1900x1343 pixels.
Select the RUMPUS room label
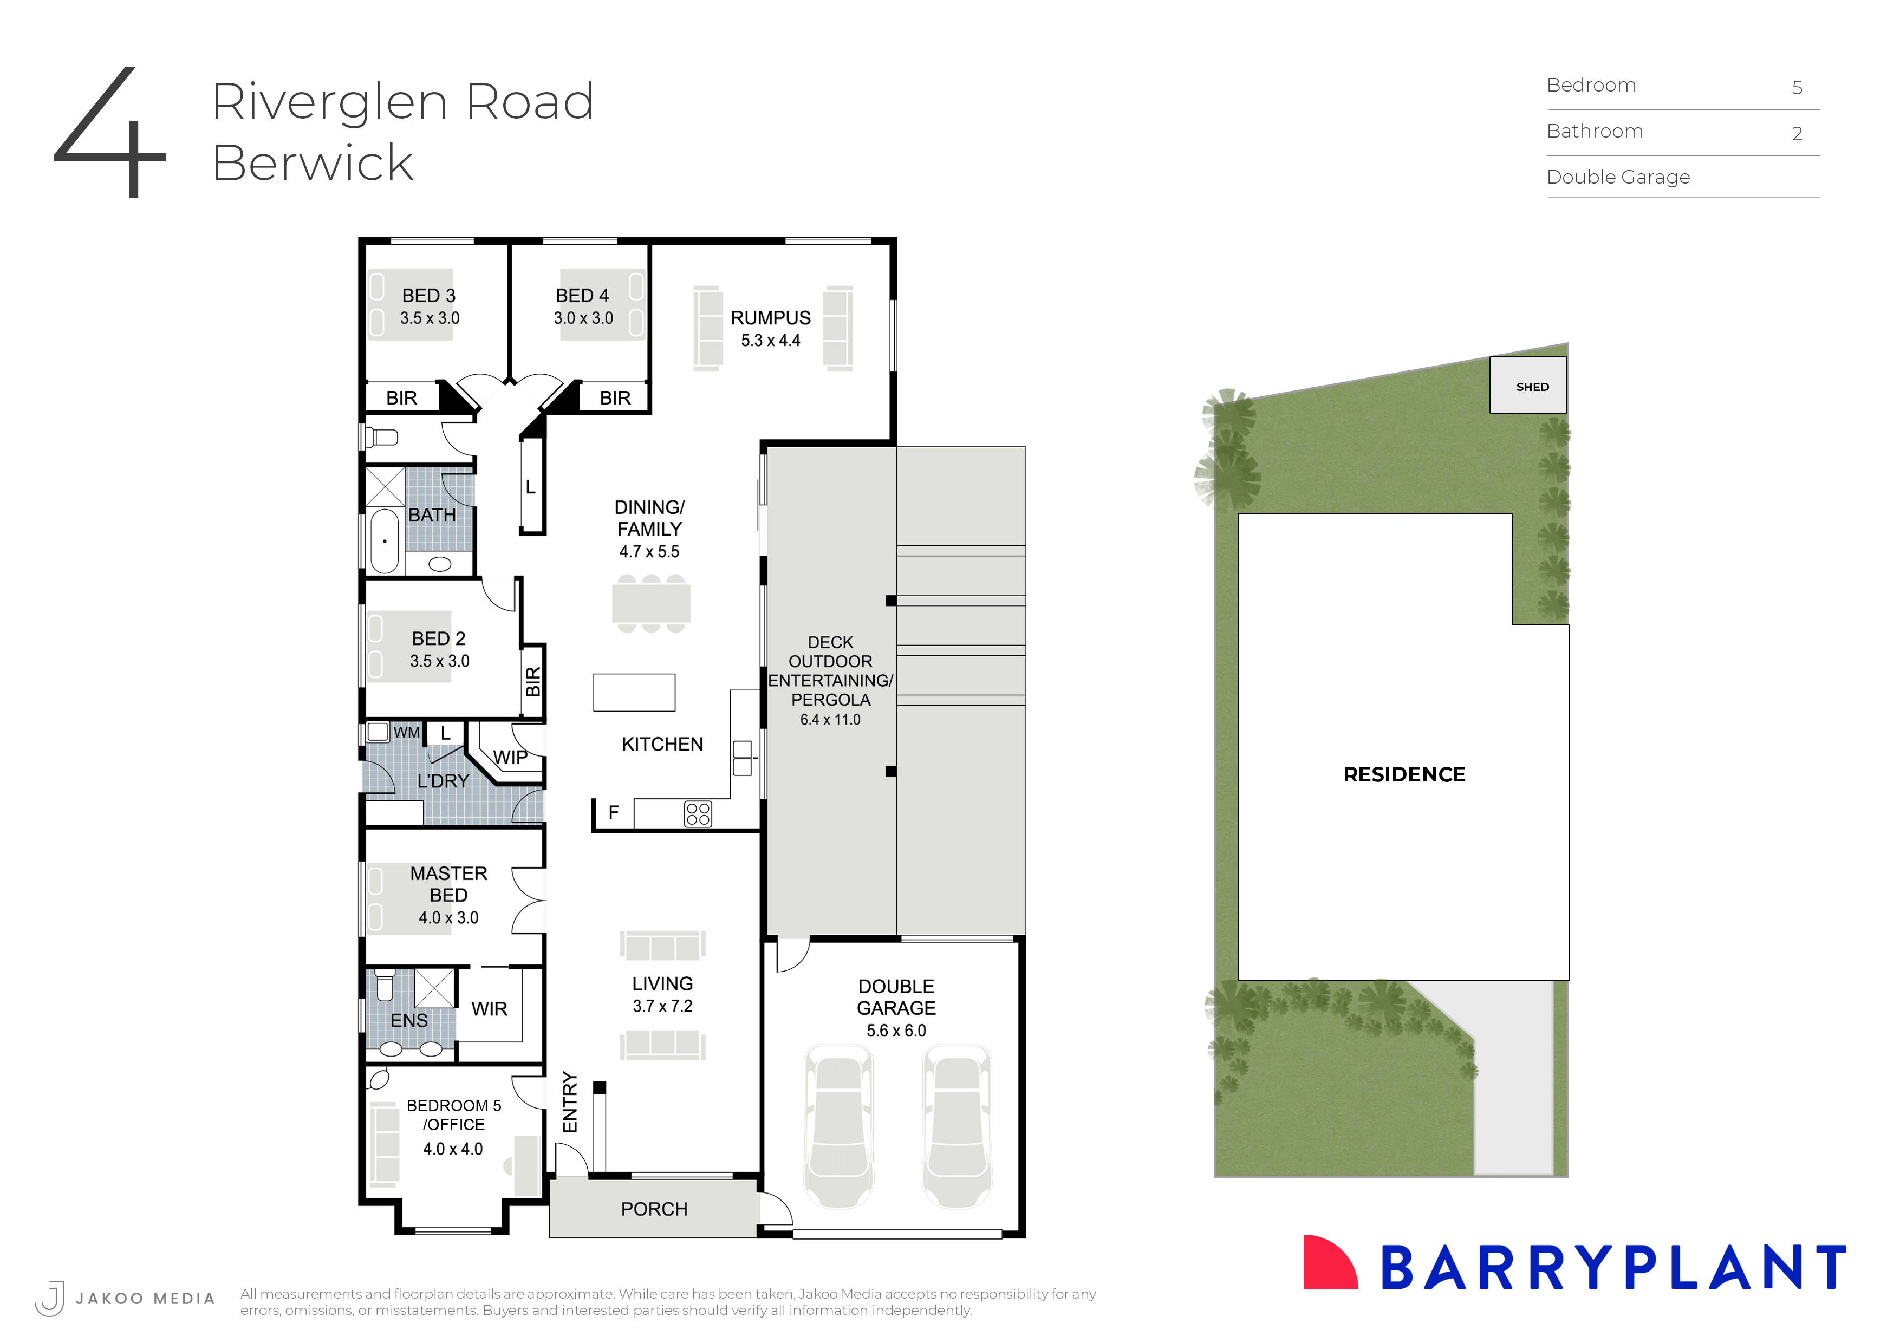[770, 318]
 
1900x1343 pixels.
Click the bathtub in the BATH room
[384, 541]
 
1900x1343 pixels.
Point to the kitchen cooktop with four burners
[698, 814]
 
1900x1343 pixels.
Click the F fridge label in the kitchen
[613, 813]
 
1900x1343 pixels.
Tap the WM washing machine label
[406, 732]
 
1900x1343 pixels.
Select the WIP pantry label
[510, 757]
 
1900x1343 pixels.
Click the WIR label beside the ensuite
[489, 1009]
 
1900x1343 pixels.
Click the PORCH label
[654, 1209]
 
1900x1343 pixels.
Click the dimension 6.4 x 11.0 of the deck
[830, 720]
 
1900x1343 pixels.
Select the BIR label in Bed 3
[401, 398]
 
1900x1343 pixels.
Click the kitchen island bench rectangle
[634, 693]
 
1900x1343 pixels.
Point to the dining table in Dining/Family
[651, 603]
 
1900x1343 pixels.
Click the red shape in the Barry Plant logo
[1328, 1263]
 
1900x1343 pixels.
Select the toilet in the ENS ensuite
[385, 986]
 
